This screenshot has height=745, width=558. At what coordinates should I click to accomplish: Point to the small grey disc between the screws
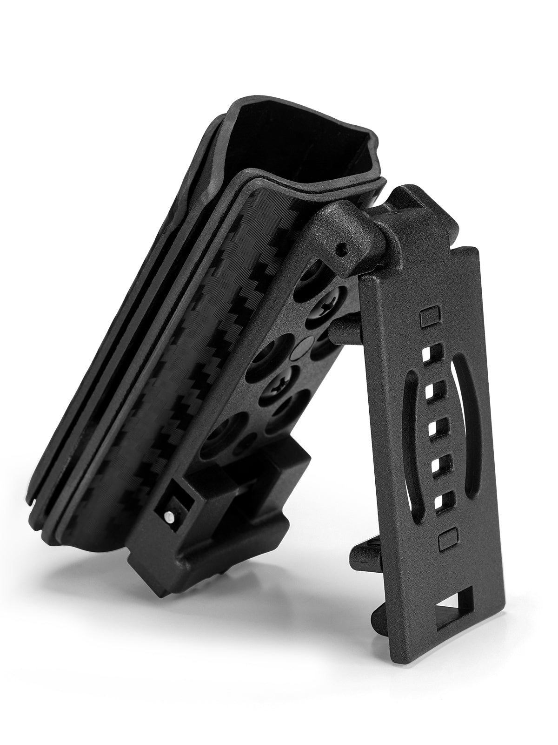(x=305, y=345)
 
